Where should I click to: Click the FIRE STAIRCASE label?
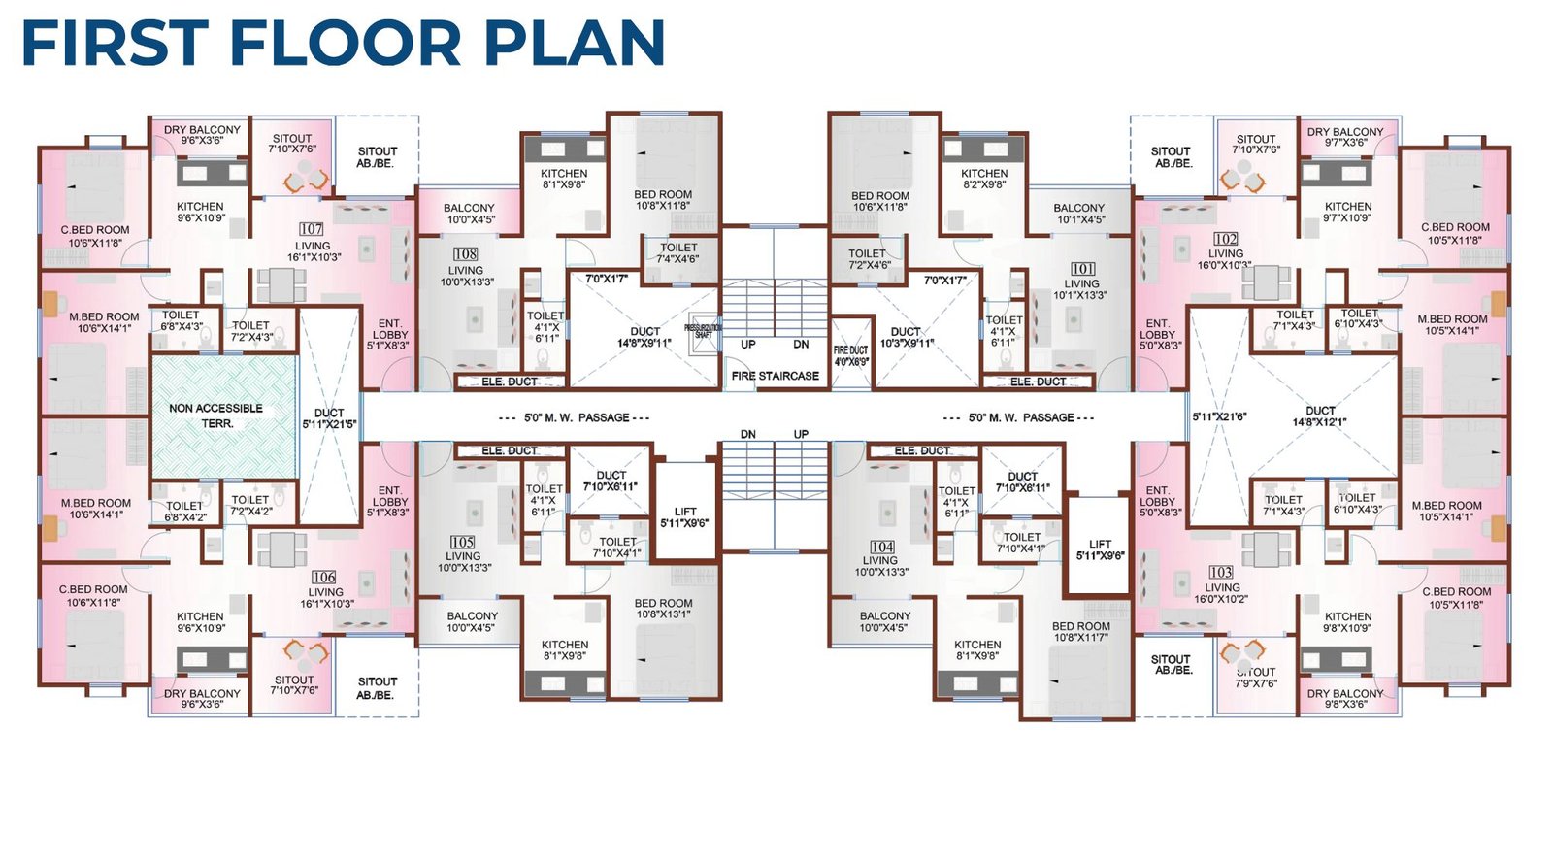coord(775,376)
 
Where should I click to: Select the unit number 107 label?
coord(312,229)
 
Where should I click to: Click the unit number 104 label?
coord(881,548)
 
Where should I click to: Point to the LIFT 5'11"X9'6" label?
coord(1100,550)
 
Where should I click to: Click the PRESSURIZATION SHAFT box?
coord(703,330)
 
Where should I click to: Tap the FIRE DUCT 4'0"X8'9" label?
coord(850,355)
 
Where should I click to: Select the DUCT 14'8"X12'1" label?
coord(1319,415)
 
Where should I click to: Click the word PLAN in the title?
coord(575,44)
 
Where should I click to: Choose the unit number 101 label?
coord(1082,269)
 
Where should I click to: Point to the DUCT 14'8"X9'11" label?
coord(644,337)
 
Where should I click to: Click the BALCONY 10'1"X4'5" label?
coord(1078,214)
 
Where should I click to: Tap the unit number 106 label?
coord(323,577)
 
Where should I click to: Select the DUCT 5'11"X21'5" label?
coord(329,418)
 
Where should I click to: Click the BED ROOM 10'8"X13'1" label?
coord(663,608)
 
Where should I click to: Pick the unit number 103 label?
coord(1220,573)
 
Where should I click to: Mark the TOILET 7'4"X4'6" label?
coord(677,253)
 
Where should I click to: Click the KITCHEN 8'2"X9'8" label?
coord(984,179)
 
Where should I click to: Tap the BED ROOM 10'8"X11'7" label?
coord(1080,631)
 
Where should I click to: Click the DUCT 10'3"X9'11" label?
coord(906,337)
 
